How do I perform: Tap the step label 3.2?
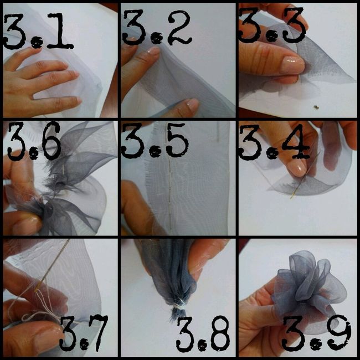(157, 28)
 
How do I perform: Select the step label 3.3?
(272, 25)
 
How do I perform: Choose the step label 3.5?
(155, 141)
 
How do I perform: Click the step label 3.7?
(84, 333)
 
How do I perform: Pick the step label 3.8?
(203, 334)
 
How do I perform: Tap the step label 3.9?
(316, 333)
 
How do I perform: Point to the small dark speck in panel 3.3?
(316, 107)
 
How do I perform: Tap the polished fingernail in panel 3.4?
(297, 168)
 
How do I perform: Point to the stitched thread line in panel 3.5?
(169, 195)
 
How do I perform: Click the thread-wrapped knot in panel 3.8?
(179, 305)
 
